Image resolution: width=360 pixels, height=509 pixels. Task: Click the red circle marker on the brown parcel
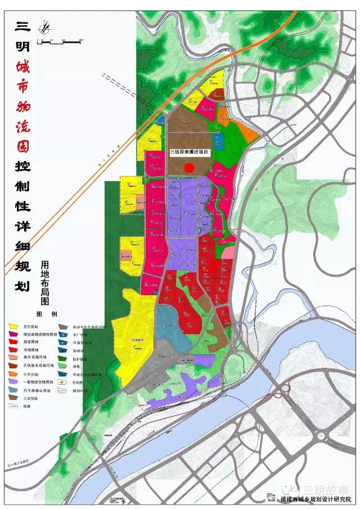[190, 167]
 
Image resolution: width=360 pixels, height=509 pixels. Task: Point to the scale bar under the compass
[60, 40]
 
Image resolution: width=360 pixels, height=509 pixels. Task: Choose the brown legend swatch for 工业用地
[12, 397]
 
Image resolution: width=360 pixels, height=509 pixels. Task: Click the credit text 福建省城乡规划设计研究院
[317, 498]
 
